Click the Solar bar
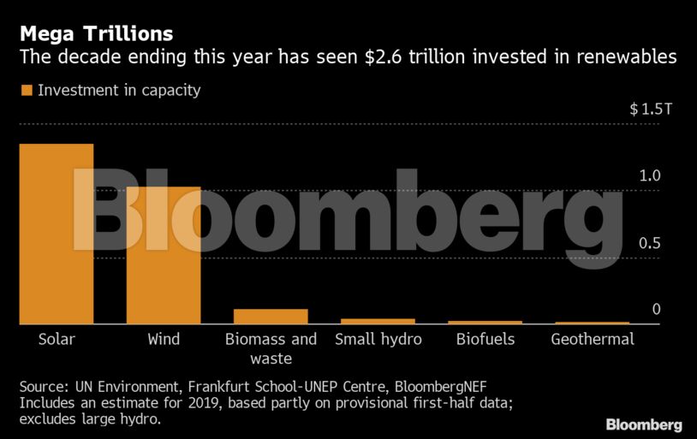[57, 234]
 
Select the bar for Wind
[164, 255]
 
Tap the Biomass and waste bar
[271, 316]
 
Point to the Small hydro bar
[378, 321]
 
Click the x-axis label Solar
[57, 340]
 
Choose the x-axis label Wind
[164, 340]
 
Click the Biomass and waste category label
[271, 348]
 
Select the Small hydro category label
[378, 340]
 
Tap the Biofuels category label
[485, 340]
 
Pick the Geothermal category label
[593, 340]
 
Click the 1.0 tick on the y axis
[650, 176]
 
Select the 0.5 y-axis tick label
[650, 243]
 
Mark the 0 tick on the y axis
[656, 309]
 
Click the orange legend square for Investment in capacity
[26, 90]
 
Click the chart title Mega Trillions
[96, 34]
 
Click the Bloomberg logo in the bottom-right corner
[644, 424]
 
